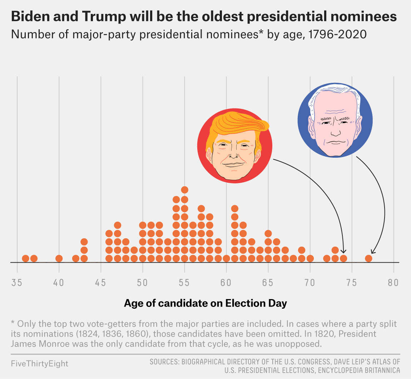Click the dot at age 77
click(368, 258)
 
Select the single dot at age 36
click(25, 258)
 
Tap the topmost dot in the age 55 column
click(184, 190)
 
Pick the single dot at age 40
click(59, 258)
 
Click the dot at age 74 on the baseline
click(343, 258)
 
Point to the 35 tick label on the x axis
click(17, 283)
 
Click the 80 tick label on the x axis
click(393, 283)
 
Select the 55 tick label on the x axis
click(184, 283)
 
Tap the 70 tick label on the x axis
click(310, 283)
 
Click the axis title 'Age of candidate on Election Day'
click(205, 303)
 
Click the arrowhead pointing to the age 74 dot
click(344, 251)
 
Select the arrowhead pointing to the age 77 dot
click(372, 252)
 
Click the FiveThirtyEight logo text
click(40, 364)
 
